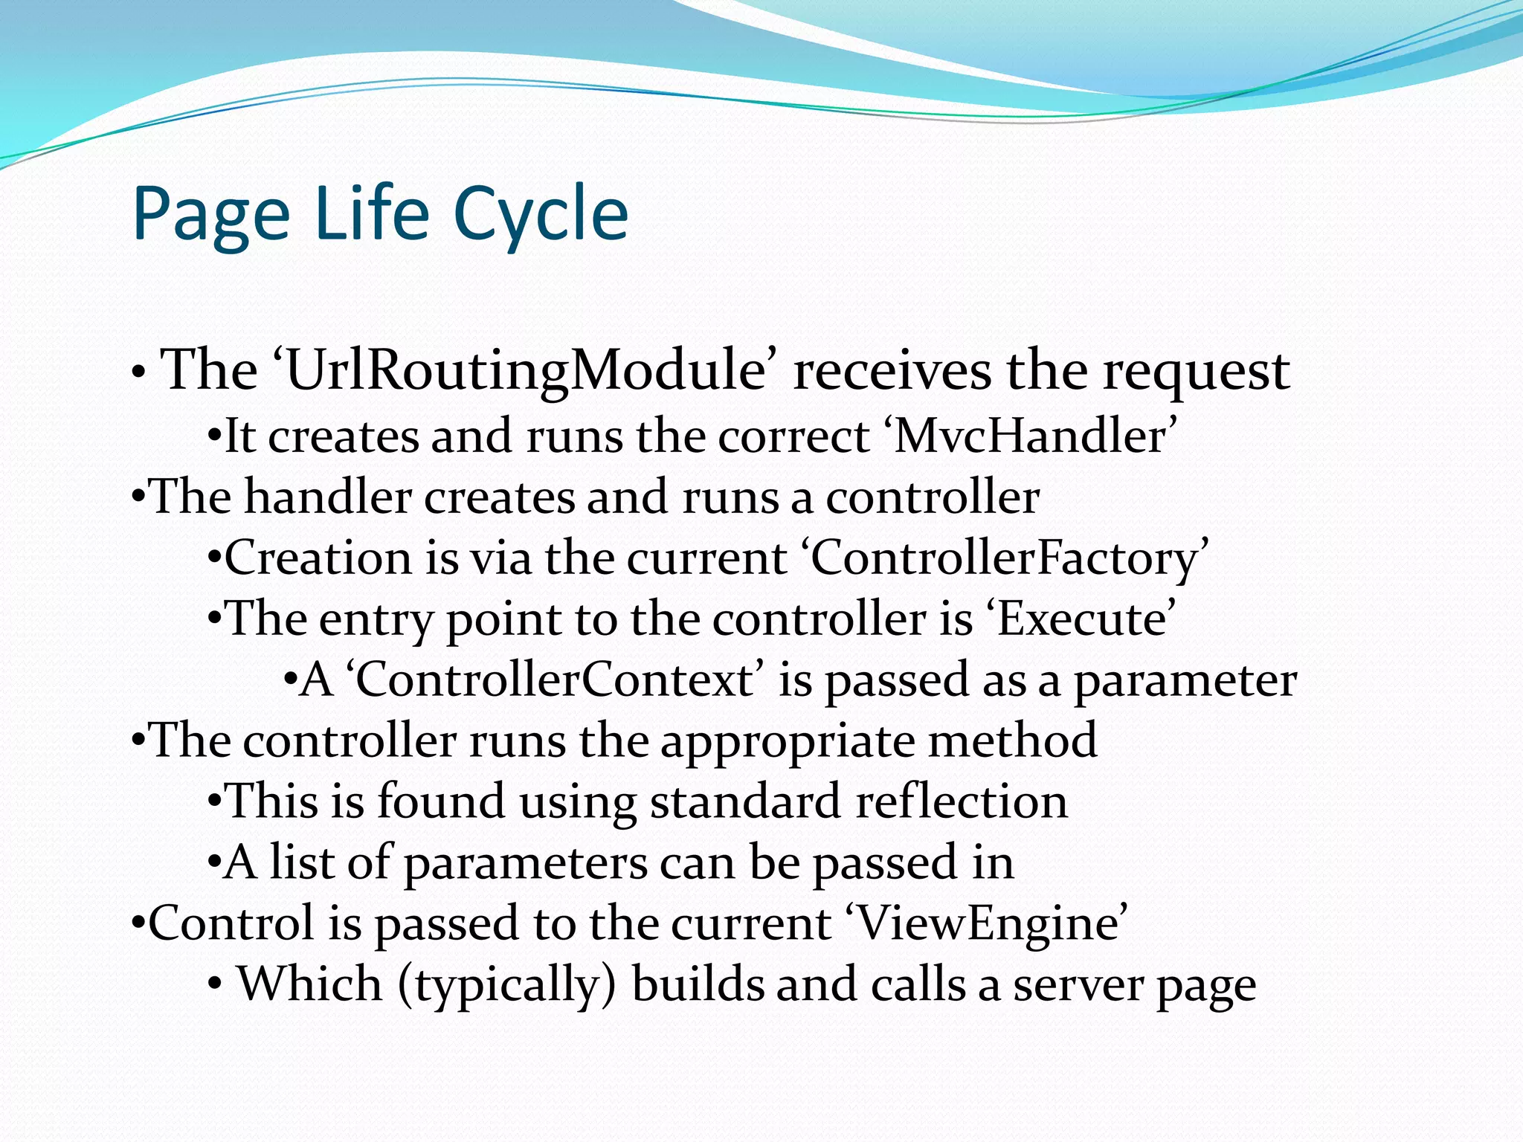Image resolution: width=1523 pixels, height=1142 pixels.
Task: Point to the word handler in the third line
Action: click(x=328, y=497)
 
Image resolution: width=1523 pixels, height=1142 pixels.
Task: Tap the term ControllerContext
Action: click(x=555, y=680)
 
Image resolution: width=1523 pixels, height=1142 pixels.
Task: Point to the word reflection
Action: click(x=961, y=801)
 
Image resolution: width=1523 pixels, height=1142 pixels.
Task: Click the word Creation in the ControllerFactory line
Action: click(x=318, y=558)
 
